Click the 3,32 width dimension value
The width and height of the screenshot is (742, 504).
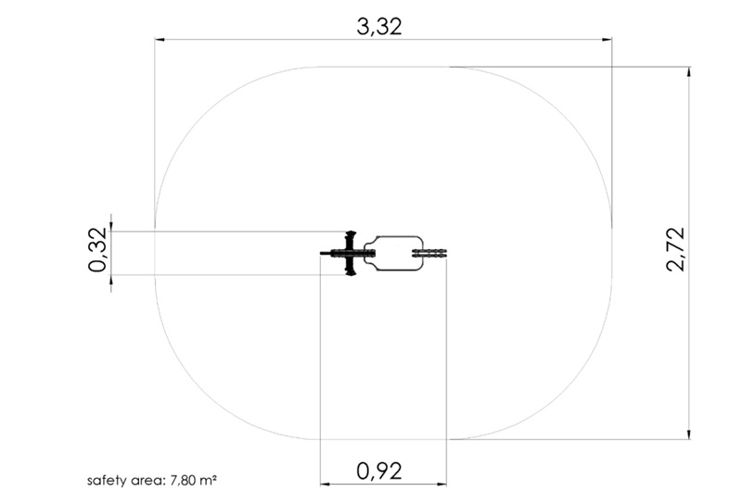tap(379, 27)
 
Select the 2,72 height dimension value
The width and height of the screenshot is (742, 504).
tap(676, 248)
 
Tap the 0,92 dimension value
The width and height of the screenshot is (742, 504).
tap(379, 471)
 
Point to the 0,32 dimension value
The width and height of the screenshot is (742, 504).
tap(98, 249)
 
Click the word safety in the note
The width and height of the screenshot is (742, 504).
tap(101, 481)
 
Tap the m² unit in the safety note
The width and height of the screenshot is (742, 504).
tap(208, 480)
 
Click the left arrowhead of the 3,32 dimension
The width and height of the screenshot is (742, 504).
tap(160, 40)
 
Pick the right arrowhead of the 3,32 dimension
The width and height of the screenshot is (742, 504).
tap(607, 40)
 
